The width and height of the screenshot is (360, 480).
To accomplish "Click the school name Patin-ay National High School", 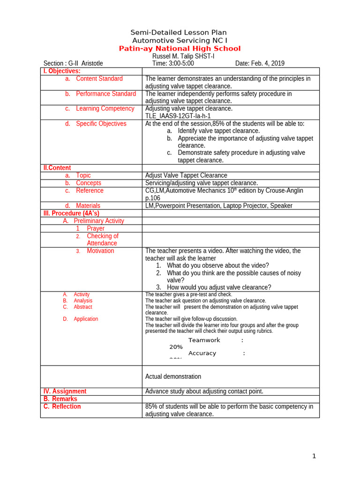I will (x=180, y=49).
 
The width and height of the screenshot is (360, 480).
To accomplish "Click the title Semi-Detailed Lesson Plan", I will (x=178, y=32).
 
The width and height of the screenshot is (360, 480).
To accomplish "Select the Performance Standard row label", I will (x=105, y=94).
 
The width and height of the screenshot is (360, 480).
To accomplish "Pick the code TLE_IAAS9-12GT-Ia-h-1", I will (x=178, y=116).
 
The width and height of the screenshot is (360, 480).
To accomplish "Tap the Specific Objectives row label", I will (x=101, y=124).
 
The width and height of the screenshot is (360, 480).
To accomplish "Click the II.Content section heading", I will (x=57, y=168).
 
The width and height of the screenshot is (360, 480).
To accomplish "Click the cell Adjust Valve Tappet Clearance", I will (x=186, y=175).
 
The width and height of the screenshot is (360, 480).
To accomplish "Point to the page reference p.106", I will (x=153, y=198).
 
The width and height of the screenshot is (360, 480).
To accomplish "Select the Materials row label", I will (x=88, y=206).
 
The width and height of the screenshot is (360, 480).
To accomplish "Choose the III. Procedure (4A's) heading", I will (x=71, y=213).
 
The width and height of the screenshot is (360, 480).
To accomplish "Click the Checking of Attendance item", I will (x=102, y=240).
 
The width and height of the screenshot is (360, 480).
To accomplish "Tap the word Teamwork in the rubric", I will (x=204, y=340).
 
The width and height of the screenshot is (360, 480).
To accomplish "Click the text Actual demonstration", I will (x=173, y=376).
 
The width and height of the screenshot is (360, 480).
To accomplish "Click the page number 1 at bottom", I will (x=315, y=456).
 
